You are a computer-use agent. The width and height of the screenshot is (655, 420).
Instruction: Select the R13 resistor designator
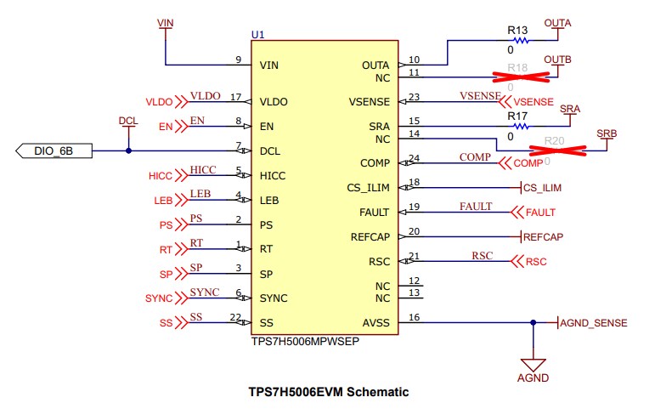point(517,30)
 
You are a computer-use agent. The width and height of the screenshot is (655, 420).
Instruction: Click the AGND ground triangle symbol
point(533,361)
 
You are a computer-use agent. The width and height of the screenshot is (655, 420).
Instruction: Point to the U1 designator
point(257,34)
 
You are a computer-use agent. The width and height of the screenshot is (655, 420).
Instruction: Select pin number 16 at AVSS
point(415,316)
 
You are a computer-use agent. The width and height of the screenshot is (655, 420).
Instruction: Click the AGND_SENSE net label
point(595,323)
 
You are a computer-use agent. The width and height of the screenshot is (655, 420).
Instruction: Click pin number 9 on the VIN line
point(239,60)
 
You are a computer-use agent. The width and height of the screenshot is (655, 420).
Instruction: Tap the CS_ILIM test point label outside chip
point(542,188)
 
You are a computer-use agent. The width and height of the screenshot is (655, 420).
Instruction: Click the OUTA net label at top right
point(557,21)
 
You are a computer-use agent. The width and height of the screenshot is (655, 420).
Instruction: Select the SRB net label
point(607,133)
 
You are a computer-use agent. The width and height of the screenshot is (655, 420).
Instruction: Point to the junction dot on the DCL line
point(128,151)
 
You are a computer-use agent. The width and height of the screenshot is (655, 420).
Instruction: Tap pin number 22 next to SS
point(235,316)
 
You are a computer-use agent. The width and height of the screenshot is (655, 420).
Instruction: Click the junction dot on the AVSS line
point(533,322)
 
